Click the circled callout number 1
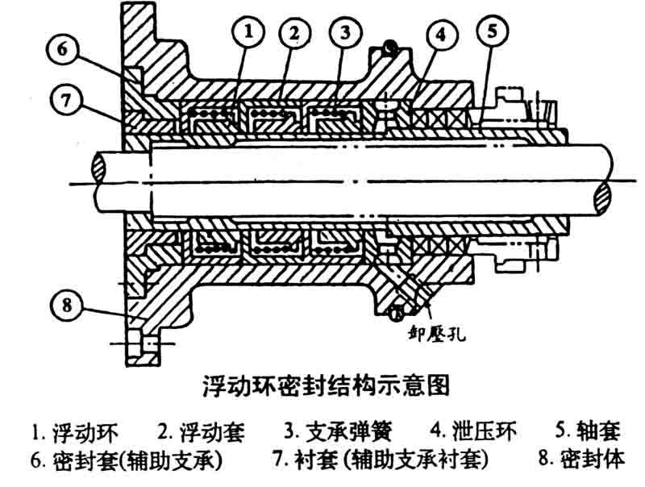coord(250,31)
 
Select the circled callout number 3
coord(344,32)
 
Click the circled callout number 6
coord(61,49)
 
